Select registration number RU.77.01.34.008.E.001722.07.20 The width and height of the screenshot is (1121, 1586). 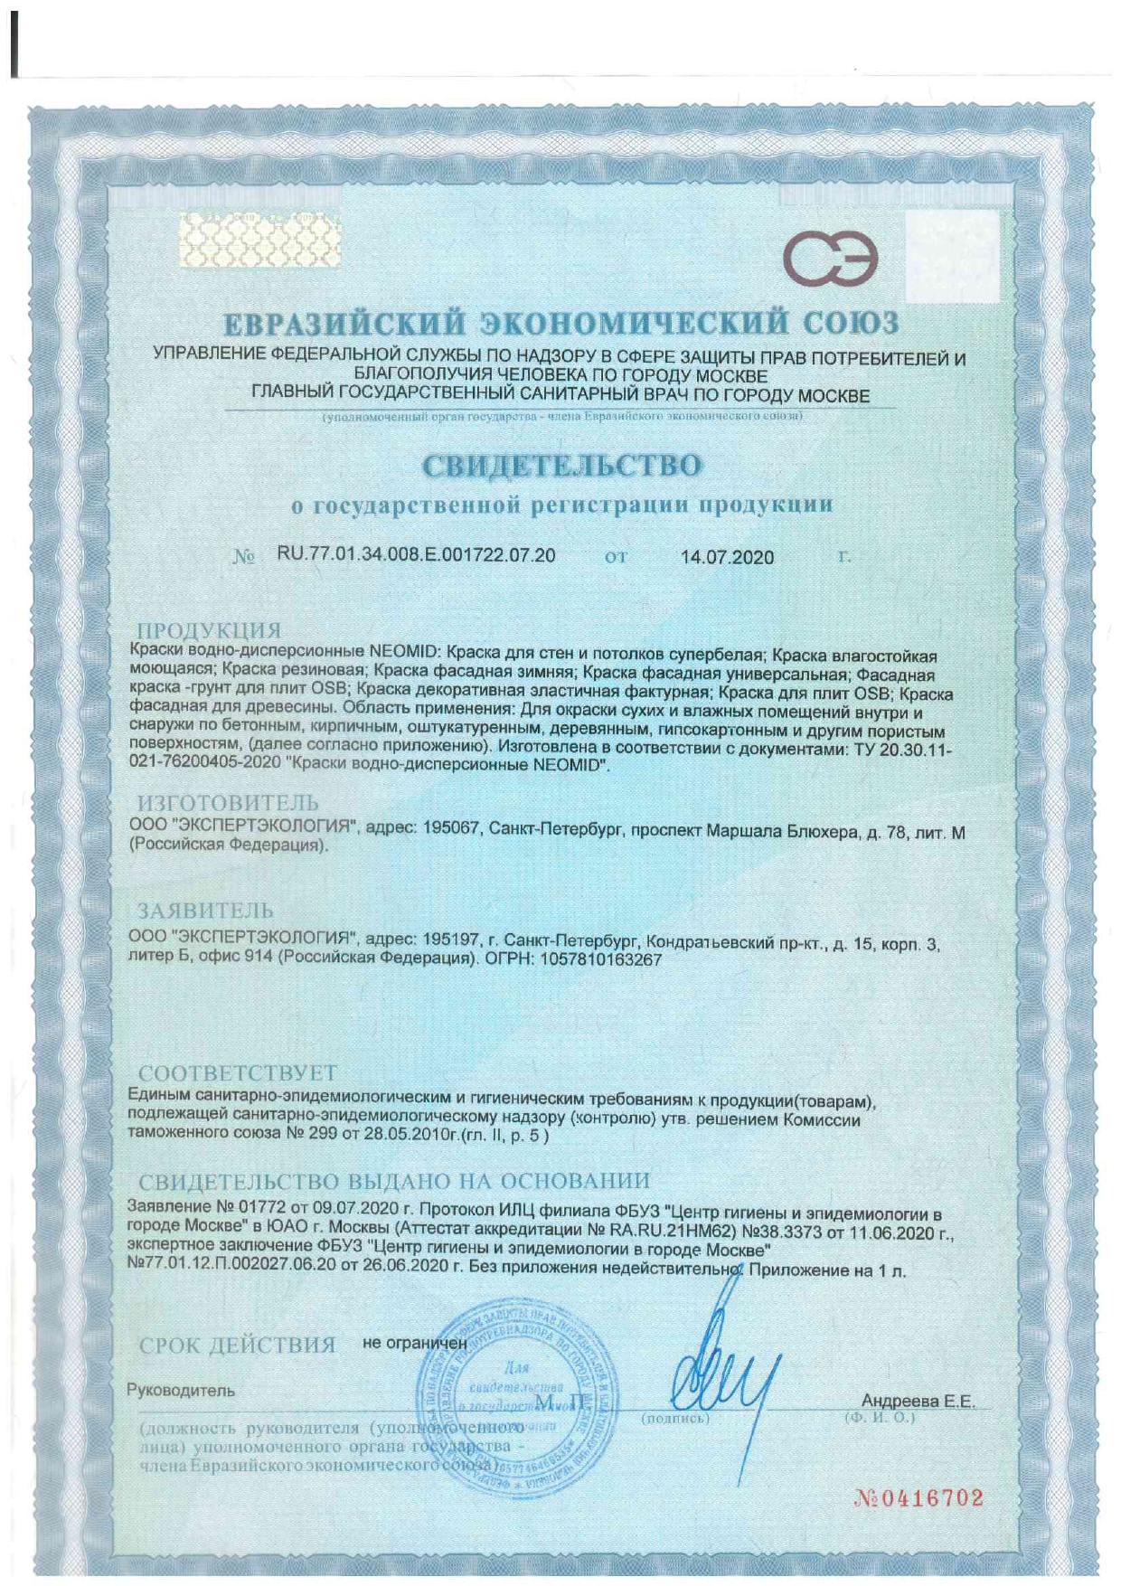click(416, 555)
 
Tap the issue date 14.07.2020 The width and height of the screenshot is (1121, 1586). click(727, 557)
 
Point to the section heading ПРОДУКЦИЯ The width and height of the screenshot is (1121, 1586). click(209, 630)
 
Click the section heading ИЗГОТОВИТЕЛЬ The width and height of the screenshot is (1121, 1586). click(228, 802)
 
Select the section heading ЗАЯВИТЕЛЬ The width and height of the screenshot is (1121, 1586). click(205, 910)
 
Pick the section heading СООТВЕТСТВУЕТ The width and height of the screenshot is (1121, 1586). click(237, 1073)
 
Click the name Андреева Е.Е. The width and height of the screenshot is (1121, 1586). click(918, 1402)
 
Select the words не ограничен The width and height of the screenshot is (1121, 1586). click(414, 1343)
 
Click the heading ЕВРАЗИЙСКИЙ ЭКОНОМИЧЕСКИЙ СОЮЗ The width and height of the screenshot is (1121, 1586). click(561, 323)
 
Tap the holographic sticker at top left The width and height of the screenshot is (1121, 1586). click(261, 240)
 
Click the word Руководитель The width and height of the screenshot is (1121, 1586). click(181, 1391)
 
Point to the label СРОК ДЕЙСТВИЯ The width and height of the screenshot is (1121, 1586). click(237, 1345)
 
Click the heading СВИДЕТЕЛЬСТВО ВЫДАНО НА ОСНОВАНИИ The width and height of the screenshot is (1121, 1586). click(394, 1181)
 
